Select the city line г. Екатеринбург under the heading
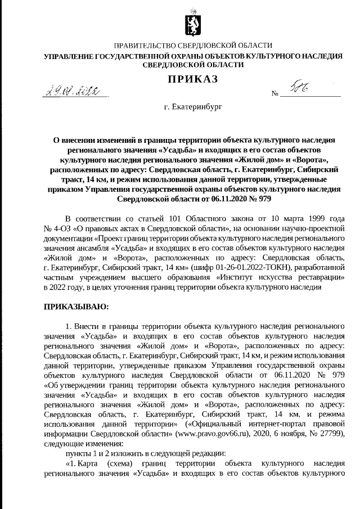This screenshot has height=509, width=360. coord(192,105)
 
